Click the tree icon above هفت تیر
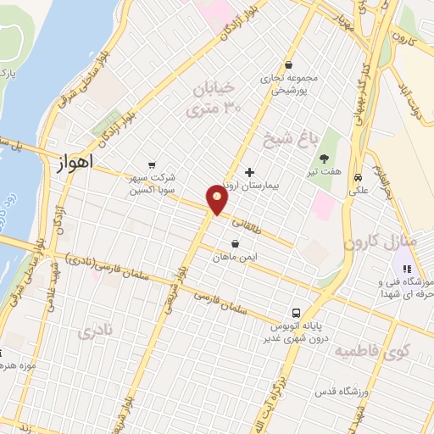325,158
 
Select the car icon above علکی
359,178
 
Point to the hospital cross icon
248,171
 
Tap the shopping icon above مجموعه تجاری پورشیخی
289,64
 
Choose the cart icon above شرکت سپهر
152,165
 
